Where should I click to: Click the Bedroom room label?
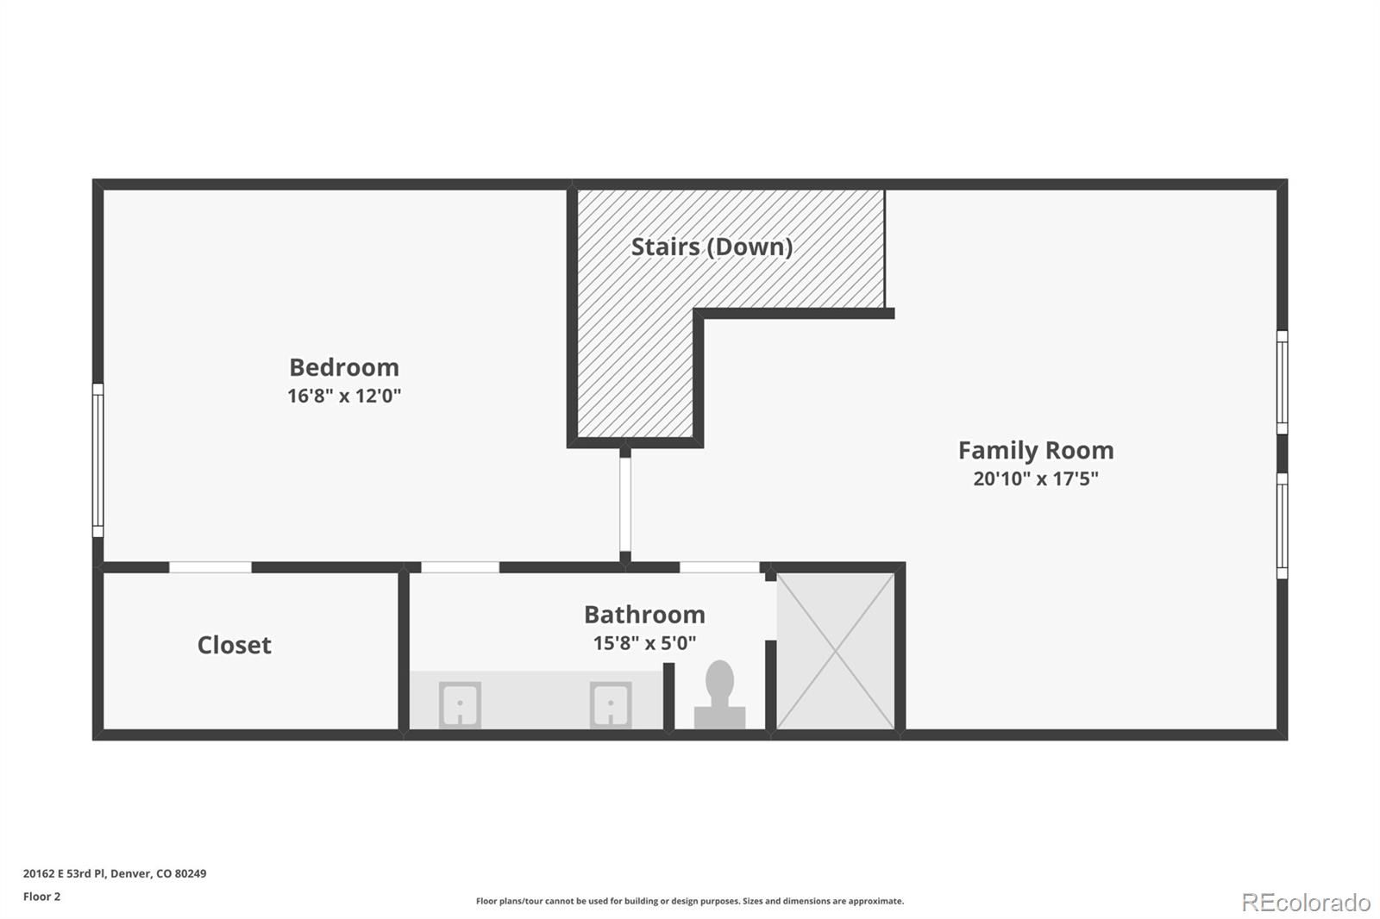pos(344,367)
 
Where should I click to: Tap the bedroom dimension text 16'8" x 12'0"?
pos(344,396)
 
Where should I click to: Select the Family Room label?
pos(1036,450)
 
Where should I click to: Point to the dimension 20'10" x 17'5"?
pos(1036,478)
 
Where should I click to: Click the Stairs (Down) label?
pos(712,247)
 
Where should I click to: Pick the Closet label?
pos(234,645)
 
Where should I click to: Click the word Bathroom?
pos(645,614)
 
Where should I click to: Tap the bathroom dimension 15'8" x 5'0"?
pos(645,643)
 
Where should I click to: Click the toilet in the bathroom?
pos(719,695)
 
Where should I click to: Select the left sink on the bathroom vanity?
pos(461,704)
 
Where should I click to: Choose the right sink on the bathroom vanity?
pos(611,704)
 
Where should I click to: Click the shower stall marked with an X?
pos(836,651)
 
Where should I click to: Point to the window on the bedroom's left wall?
pos(98,460)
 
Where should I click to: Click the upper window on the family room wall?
pos(1282,382)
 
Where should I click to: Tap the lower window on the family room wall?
pos(1282,525)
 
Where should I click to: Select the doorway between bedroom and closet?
pos(210,567)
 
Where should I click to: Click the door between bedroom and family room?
pos(625,504)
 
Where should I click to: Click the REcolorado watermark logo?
pos(1306,903)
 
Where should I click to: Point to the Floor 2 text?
pos(42,897)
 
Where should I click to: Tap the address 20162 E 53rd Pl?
pos(64,873)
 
